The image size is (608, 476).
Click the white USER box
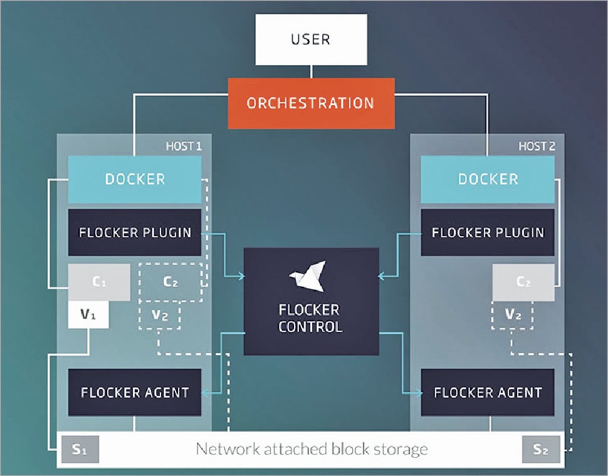pos(310,39)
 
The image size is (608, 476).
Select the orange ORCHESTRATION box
pos(311,103)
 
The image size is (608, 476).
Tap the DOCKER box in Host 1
pos(135,179)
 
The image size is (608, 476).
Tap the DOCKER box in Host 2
pos(488,179)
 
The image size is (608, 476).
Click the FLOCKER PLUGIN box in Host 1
pos(135,232)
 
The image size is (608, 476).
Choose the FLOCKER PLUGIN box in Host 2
pos(488,232)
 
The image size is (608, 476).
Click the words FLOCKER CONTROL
pos(310,318)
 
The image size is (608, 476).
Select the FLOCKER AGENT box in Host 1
pos(135,393)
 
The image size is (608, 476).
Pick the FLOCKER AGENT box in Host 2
pos(488,393)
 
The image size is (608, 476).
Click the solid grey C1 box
pos(99,282)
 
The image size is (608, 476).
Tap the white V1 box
pos(88,314)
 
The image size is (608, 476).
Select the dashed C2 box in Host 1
pos(170,282)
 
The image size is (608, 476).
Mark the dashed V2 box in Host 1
pos(160,315)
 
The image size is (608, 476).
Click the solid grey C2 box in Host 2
pos(523,282)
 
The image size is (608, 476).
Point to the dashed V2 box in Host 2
pos(513,315)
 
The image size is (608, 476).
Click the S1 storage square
pos(79,450)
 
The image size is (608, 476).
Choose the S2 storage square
pos(540,450)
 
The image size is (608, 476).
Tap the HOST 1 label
pos(183,146)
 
